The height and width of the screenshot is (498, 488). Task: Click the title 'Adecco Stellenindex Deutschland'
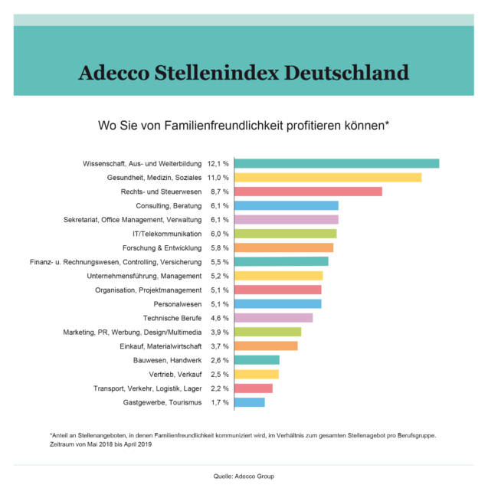pos(244,73)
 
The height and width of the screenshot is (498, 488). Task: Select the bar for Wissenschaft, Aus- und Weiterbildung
pos(336,163)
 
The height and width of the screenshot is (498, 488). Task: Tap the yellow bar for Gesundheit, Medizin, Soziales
pos(328,178)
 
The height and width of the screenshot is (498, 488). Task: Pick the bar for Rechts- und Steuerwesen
pos(308,192)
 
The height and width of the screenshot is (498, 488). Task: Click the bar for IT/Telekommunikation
pos(285,234)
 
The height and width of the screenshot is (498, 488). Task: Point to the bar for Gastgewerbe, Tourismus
pos(249,402)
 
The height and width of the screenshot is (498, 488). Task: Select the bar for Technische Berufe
pos(273,318)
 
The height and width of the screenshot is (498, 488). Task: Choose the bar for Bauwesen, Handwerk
pos(257,360)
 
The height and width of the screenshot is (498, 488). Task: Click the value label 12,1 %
pos(218,163)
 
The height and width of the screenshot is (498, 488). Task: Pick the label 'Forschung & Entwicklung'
pos(162,247)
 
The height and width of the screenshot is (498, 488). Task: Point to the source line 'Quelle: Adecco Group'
pos(244,476)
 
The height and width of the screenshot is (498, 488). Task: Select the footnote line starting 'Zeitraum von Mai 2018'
pos(100,444)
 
